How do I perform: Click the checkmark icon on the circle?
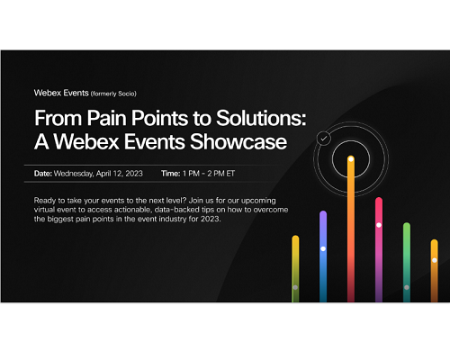pos(324,139)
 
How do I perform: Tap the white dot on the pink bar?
pos(379,225)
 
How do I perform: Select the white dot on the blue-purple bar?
pos(323,248)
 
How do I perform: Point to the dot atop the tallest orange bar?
pos(351,159)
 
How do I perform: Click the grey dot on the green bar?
pos(407,287)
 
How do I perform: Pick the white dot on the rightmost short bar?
pos(435,260)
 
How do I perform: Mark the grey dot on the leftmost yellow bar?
pos(295,287)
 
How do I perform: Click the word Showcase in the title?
pos(238,141)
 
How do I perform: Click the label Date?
pos(43,174)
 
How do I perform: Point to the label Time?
pos(171,174)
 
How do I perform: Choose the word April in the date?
pos(103,174)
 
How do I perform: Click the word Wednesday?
pos(74,174)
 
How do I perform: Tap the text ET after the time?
pos(230,174)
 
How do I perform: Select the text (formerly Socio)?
pos(113,94)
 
